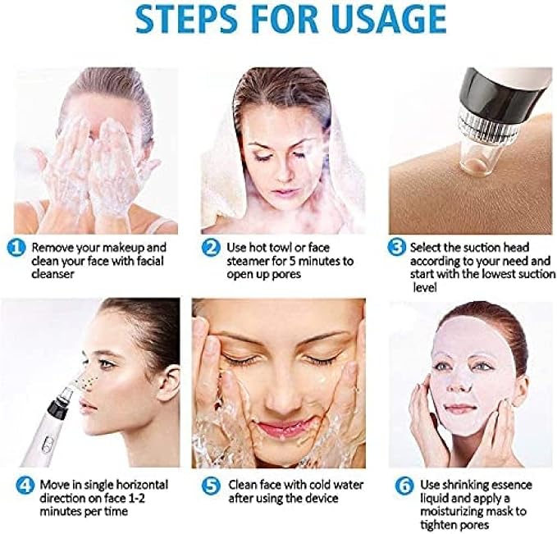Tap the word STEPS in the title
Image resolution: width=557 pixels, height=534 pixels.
pos(187,19)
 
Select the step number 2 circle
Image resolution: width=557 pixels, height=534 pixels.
pos(211,248)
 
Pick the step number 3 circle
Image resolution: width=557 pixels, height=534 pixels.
pos(396,247)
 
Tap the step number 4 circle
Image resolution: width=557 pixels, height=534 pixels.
pos(25,486)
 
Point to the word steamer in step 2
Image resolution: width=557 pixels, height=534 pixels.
pos(248,261)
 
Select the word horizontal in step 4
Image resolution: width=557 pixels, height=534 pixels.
pos(142,485)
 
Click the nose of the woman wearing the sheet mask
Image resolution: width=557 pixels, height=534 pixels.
pos(462,383)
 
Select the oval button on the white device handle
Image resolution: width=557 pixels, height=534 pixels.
pos(48,445)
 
